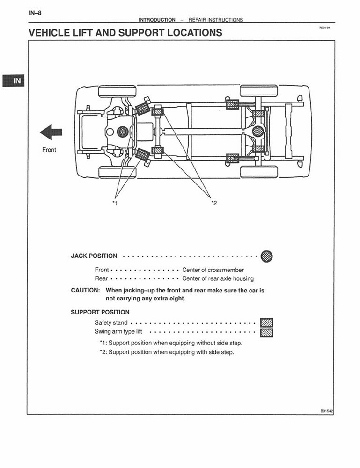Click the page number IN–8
tap(35, 13)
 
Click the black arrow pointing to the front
tap(51, 132)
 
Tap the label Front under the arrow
tap(49, 150)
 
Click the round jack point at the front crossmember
tap(123, 132)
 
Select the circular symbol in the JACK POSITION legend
tap(266, 256)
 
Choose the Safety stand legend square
tap(266, 323)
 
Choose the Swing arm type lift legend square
tap(266, 333)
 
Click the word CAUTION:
tap(85, 290)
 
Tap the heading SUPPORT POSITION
tap(100, 312)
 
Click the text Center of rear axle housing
tap(218, 278)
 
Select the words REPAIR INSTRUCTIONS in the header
tap(216, 20)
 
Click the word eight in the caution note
tap(176, 298)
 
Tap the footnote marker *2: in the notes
tap(103, 352)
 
